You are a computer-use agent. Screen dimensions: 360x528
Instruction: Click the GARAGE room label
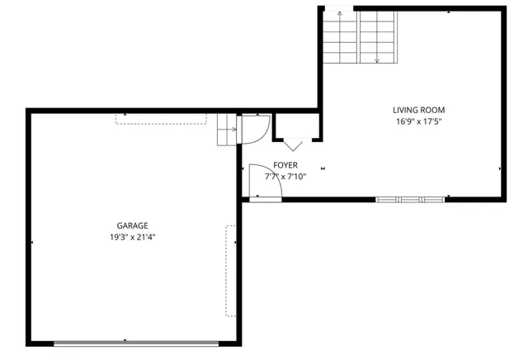[x=132, y=225]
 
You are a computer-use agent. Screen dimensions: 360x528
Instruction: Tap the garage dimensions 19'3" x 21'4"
[x=132, y=237]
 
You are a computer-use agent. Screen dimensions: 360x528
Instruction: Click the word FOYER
[x=285, y=165]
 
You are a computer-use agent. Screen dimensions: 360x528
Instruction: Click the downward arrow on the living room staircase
[x=377, y=59]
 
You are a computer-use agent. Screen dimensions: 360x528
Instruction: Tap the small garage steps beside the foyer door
[x=227, y=130]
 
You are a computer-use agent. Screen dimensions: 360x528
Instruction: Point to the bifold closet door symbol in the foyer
[x=295, y=143]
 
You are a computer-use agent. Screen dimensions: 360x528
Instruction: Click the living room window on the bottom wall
[x=411, y=198]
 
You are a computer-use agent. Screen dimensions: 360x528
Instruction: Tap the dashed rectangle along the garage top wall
[x=160, y=120]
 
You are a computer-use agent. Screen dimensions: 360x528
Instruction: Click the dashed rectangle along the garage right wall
[x=231, y=270]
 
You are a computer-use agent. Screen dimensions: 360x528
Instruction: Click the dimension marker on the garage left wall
[x=31, y=243]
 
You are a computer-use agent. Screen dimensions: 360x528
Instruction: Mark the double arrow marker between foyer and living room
[x=323, y=168]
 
